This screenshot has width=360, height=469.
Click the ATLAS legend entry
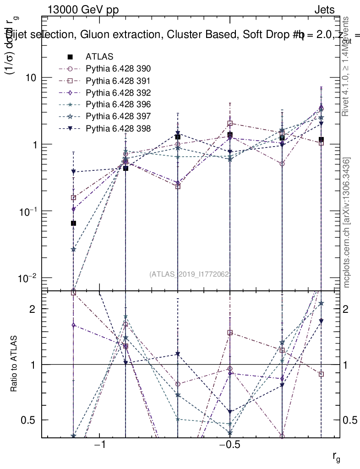pos(98,57)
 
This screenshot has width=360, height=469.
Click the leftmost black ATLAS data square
pos(73,223)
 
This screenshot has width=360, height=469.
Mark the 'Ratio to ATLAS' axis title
pos(15,364)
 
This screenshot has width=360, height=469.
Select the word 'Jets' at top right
pos(324,10)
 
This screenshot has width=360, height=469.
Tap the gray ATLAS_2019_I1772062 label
pos(190,274)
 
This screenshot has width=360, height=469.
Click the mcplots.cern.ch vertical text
pos(347,223)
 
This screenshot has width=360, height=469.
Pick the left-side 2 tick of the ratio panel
pos(33,309)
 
